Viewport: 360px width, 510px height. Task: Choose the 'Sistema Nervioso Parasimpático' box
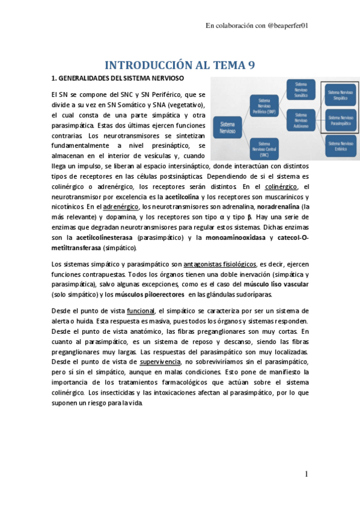[340, 118]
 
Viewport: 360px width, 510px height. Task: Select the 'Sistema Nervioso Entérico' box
[340, 143]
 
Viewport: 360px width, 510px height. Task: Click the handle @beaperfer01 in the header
[291, 26]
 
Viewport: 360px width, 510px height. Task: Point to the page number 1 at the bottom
[307, 475]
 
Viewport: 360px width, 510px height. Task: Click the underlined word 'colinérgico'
[282, 186]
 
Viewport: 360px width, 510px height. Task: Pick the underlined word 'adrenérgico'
[120, 206]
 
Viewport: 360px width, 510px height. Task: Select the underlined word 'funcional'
[140, 310]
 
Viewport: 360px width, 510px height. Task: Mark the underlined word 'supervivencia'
[158, 362]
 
